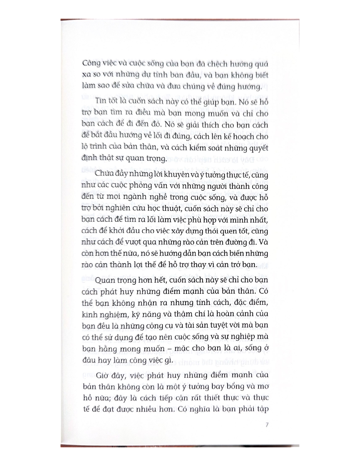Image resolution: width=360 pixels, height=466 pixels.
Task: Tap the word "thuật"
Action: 178,209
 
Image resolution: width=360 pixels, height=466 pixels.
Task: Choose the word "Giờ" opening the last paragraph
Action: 102,376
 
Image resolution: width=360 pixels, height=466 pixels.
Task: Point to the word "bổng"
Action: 230,387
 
